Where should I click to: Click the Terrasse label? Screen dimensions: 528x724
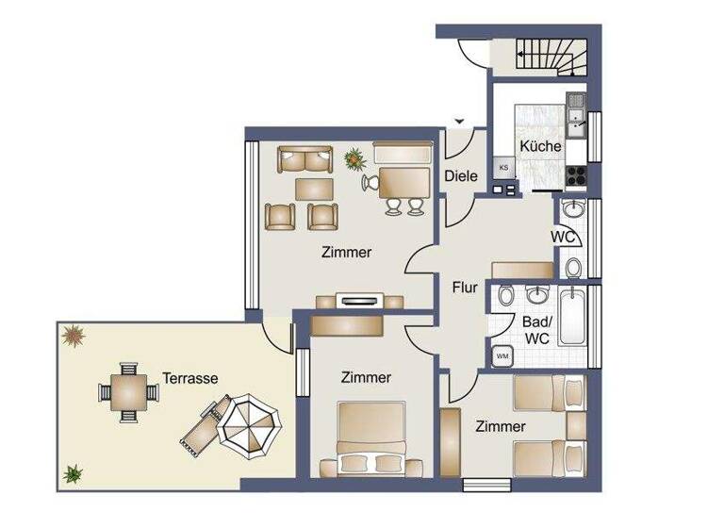tap(189, 378)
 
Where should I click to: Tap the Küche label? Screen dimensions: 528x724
tap(540, 147)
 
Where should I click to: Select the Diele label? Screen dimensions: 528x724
tap(461, 175)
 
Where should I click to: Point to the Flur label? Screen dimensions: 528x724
tap(465, 288)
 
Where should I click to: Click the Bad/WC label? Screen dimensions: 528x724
tap(536, 329)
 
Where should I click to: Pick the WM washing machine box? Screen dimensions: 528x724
tap(501, 356)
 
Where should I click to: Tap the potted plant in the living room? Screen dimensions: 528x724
tap(355, 158)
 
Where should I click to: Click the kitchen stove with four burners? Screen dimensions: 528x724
tap(575, 173)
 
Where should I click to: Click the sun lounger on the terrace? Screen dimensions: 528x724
tap(201, 424)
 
